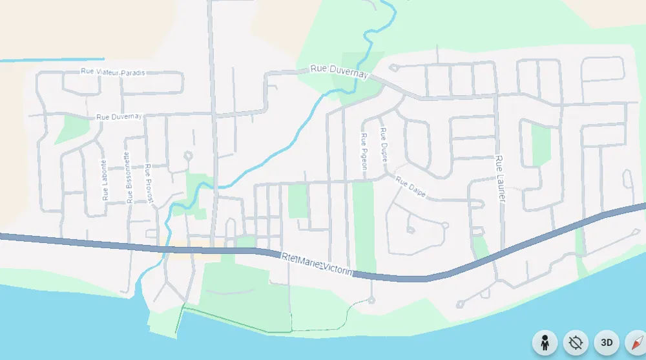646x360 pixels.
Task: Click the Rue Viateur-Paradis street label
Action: (x=112, y=73)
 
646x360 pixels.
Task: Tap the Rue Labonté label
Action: (x=104, y=180)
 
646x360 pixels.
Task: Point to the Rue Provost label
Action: (x=150, y=184)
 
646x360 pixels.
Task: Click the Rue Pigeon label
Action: (x=364, y=151)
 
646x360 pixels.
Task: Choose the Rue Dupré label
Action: (x=384, y=144)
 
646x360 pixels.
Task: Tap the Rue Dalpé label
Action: (x=411, y=187)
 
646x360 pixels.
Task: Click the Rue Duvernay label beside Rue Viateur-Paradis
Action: (x=119, y=117)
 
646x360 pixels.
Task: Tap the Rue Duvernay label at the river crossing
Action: (x=339, y=71)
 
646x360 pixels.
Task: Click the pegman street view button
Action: (x=545, y=343)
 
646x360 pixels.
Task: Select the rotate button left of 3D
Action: (x=575, y=343)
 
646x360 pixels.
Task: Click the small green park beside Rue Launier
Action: (x=541, y=144)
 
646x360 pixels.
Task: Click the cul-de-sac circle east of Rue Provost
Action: (x=188, y=155)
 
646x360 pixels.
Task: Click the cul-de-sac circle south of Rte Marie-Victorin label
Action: (x=371, y=300)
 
